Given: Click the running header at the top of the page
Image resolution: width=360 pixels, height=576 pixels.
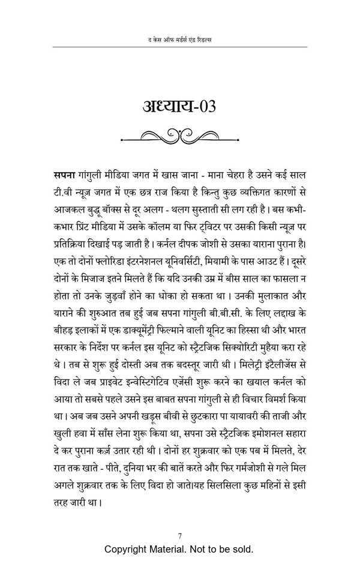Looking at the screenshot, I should (179, 39).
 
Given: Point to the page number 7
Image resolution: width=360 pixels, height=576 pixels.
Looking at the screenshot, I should (179, 536).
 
